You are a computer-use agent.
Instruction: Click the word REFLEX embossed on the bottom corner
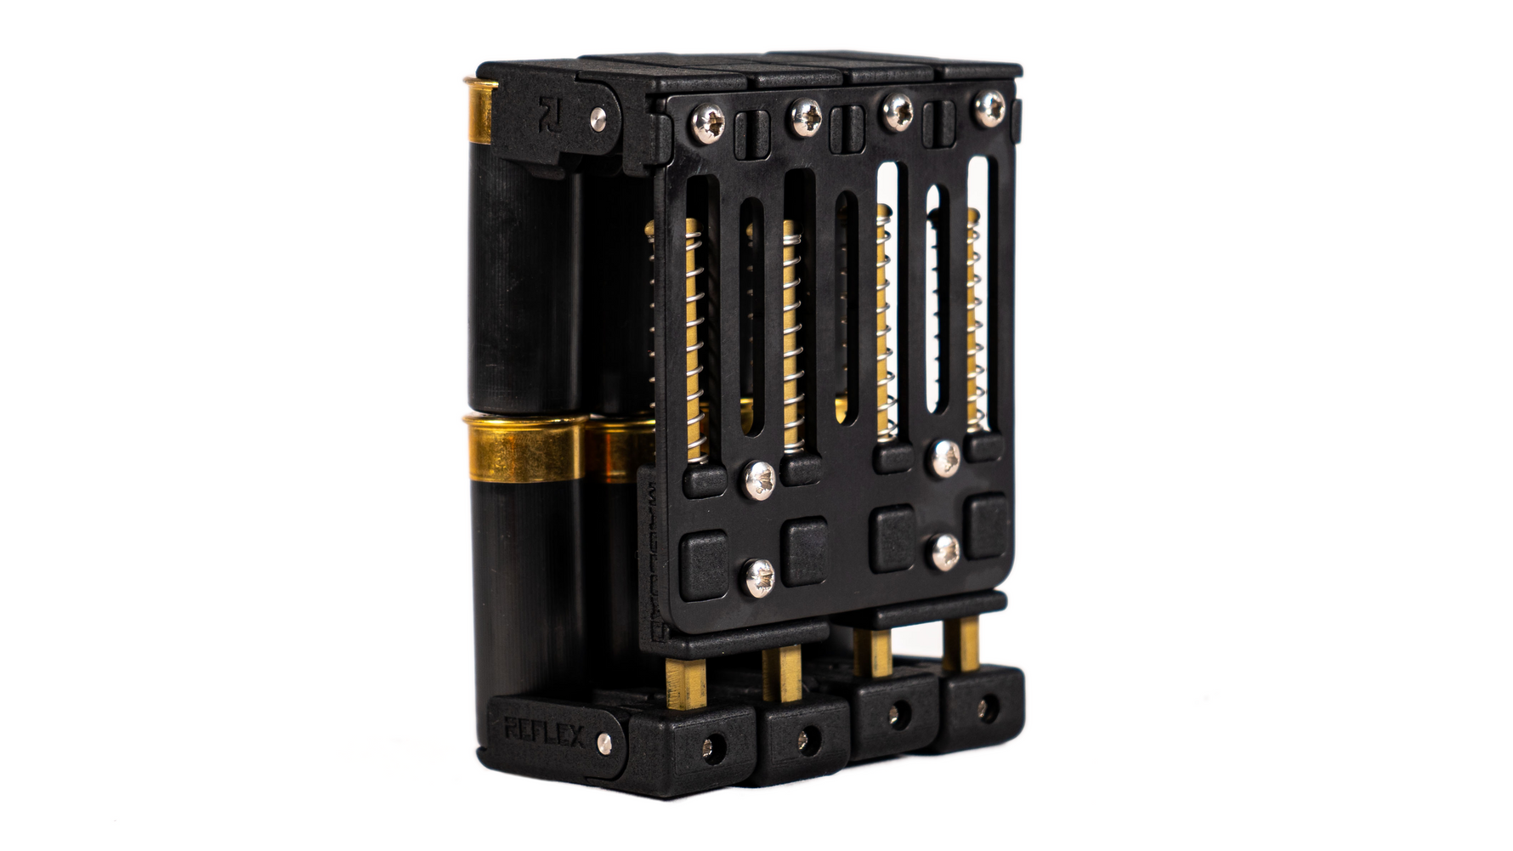[x=543, y=731]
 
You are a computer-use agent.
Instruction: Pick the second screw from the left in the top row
[x=805, y=117]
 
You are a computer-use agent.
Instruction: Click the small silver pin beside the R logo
[x=598, y=118]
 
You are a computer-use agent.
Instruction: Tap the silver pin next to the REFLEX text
[x=604, y=743]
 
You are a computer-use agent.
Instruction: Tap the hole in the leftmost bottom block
[x=709, y=749]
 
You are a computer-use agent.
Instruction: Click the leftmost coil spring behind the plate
[x=694, y=340]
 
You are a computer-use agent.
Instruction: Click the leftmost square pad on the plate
[x=705, y=563]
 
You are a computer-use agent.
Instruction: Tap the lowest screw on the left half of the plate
[x=760, y=578]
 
